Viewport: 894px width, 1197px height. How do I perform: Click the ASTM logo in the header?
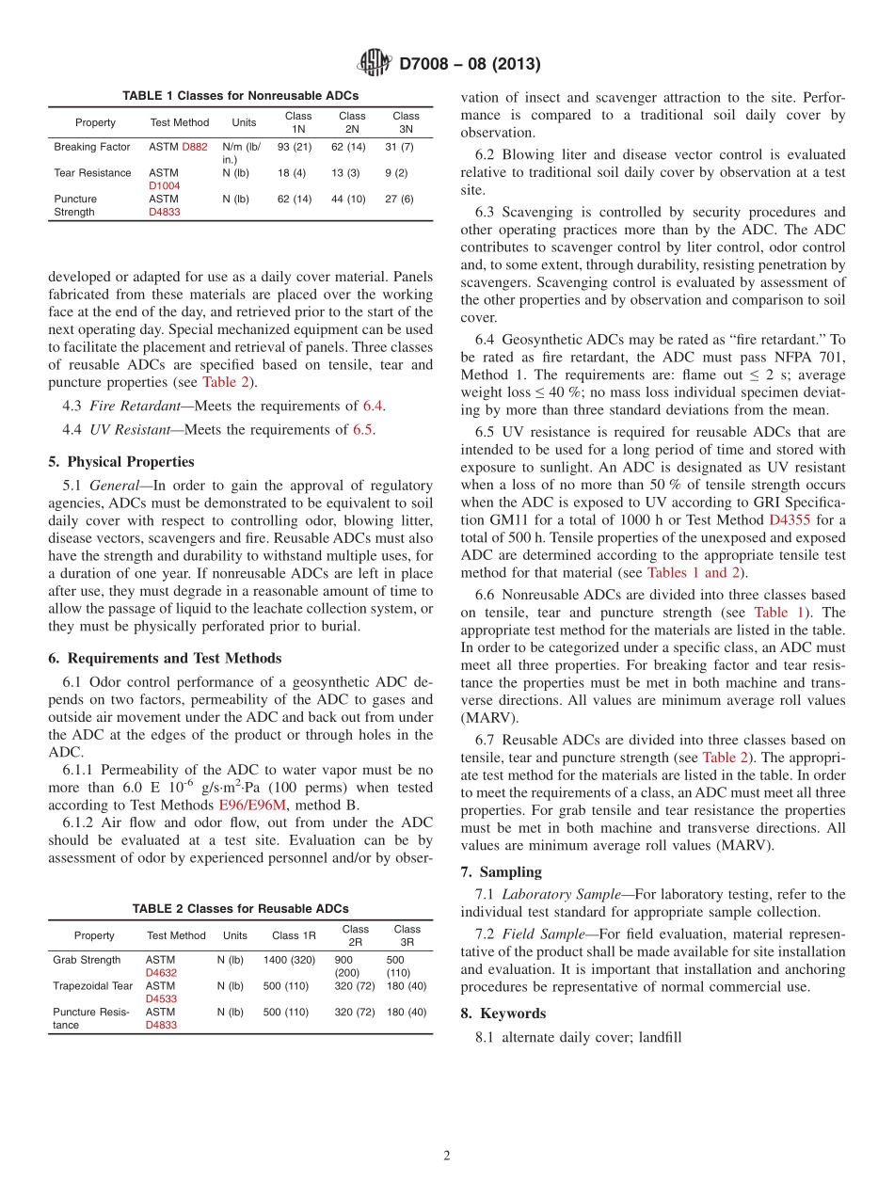pyautogui.click(x=374, y=63)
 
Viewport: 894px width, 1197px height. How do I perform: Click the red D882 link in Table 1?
pyautogui.click(x=195, y=147)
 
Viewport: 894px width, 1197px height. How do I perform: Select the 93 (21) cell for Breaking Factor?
pyautogui.click(x=295, y=147)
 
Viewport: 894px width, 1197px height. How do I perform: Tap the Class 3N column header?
pyautogui.click(x=406, y=122)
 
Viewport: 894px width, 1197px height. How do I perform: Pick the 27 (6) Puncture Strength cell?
pyautogui.click(x=400, y=199)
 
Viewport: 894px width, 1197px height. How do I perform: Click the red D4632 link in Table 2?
pyautogui.click(x=161, y=973)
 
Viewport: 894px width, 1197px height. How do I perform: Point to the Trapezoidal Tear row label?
pyautogui.click(x=92, y=986)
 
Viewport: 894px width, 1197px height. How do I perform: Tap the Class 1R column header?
pyautogui.click(x=294, y=935)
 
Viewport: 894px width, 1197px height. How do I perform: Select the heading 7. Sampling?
pyautogui.click(x=502, y=872)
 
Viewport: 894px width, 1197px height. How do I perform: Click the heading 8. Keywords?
pyautogui.click(x=503, y=1013)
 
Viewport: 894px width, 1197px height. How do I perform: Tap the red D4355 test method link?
pyautogui.click(x=791, y=519)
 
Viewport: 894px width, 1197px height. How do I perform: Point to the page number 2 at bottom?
pyautogui.click(x=447, y=1156)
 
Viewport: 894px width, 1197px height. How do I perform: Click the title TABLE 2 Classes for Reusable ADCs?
pyautogui.click(x=240, y=909)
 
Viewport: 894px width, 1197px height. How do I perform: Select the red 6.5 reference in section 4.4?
pyautogui.click(x=362, y=430)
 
